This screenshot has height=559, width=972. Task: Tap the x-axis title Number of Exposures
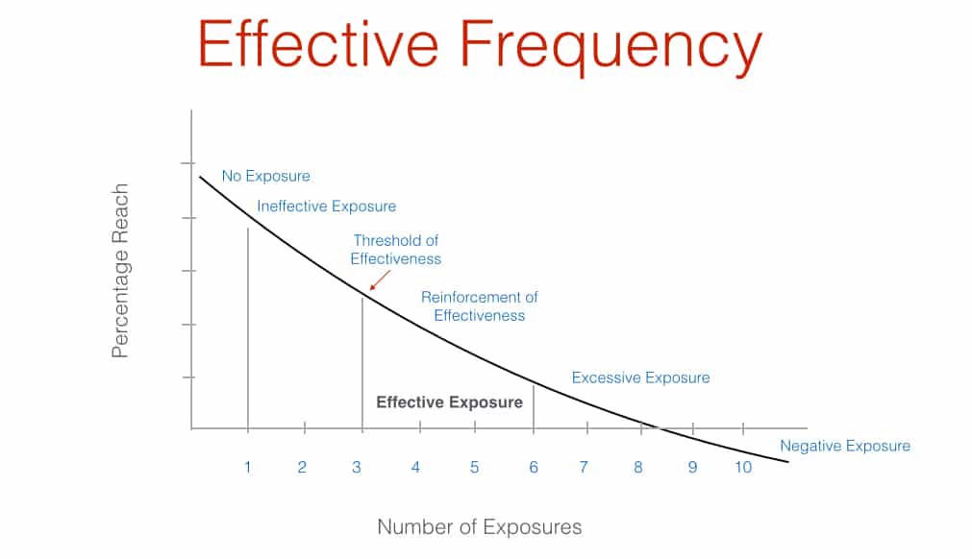[x=479, y=526]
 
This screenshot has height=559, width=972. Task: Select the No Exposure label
[x=266, y=176]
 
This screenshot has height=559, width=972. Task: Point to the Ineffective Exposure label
[x=326, y=207]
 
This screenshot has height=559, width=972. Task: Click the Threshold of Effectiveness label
[x=395, y=250]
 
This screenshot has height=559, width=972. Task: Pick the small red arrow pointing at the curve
[x=380, y=279]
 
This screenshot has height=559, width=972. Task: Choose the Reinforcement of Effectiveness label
[x=479, y=306]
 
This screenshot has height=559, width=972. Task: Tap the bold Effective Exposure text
[x=449, y=402]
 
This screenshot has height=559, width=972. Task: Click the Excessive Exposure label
[x=640, y=377]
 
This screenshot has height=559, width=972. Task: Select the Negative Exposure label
[x=845, y=446]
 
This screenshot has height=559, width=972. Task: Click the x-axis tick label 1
[x=247, y=467]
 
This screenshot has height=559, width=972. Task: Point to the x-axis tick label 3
[x=357, y=467]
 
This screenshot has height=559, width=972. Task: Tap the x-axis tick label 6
[x=534, y=467]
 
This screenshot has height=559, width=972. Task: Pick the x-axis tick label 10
[x=743, y=467]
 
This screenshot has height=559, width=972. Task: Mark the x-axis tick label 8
[x=637, y=467]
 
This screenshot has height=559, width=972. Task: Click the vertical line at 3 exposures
[x=362, y=363]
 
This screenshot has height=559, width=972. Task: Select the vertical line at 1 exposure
[x=248, y=328]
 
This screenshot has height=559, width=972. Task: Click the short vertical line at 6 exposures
[x=534, y=406]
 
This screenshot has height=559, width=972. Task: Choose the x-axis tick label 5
[x=474, y=467]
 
